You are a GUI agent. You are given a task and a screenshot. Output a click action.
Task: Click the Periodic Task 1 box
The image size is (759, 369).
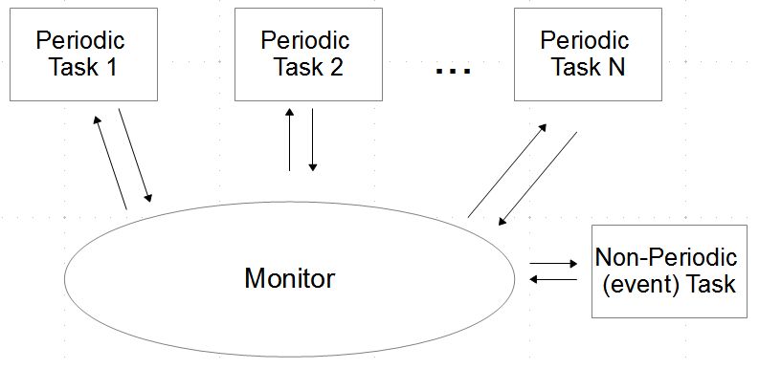(x=81, y=54)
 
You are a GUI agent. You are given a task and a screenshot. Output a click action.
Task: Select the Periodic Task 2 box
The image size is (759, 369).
(x=306, y=54)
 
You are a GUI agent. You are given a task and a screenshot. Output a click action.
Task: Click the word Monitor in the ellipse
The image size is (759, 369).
(x=290, y=279)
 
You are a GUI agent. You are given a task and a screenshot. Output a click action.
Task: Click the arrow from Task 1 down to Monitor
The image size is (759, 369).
(x=135, y=155)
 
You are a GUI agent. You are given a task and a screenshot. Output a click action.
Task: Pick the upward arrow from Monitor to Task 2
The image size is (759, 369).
(x=289, y=140)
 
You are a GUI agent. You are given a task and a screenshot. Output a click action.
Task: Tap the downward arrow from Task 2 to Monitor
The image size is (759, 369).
(x=312, y=140)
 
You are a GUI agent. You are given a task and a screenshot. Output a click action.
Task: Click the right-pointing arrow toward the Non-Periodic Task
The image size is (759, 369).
(x=553, y=263)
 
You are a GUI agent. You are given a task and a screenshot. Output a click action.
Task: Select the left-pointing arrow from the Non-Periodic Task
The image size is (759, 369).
(x=553, y=279)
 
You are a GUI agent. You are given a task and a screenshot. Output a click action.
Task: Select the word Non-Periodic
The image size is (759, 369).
(x=666, y=258)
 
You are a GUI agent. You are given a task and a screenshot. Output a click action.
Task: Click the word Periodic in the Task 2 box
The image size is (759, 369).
(x=305, y=41)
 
